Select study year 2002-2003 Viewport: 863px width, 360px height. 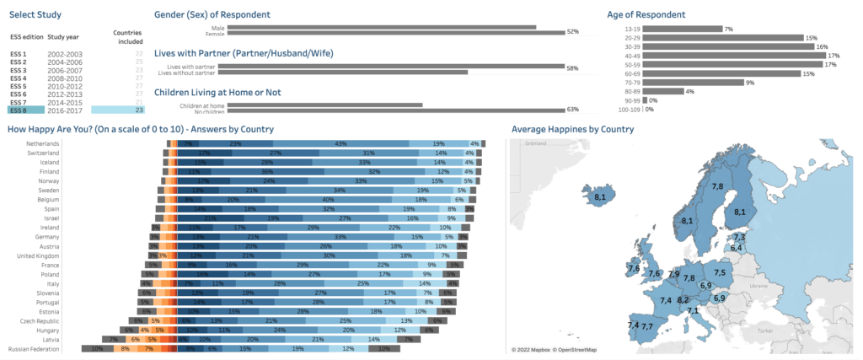[x=65, y=54]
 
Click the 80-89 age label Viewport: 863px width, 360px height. [x=631, y=91]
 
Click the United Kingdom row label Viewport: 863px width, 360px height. [x=33, y=255]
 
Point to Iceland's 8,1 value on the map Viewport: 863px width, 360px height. [x=600, y=196]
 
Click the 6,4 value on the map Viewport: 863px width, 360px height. [x=736, y=248]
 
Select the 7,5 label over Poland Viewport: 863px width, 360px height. [x=721, y=272]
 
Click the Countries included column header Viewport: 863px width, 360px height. [x=129, y=36]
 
